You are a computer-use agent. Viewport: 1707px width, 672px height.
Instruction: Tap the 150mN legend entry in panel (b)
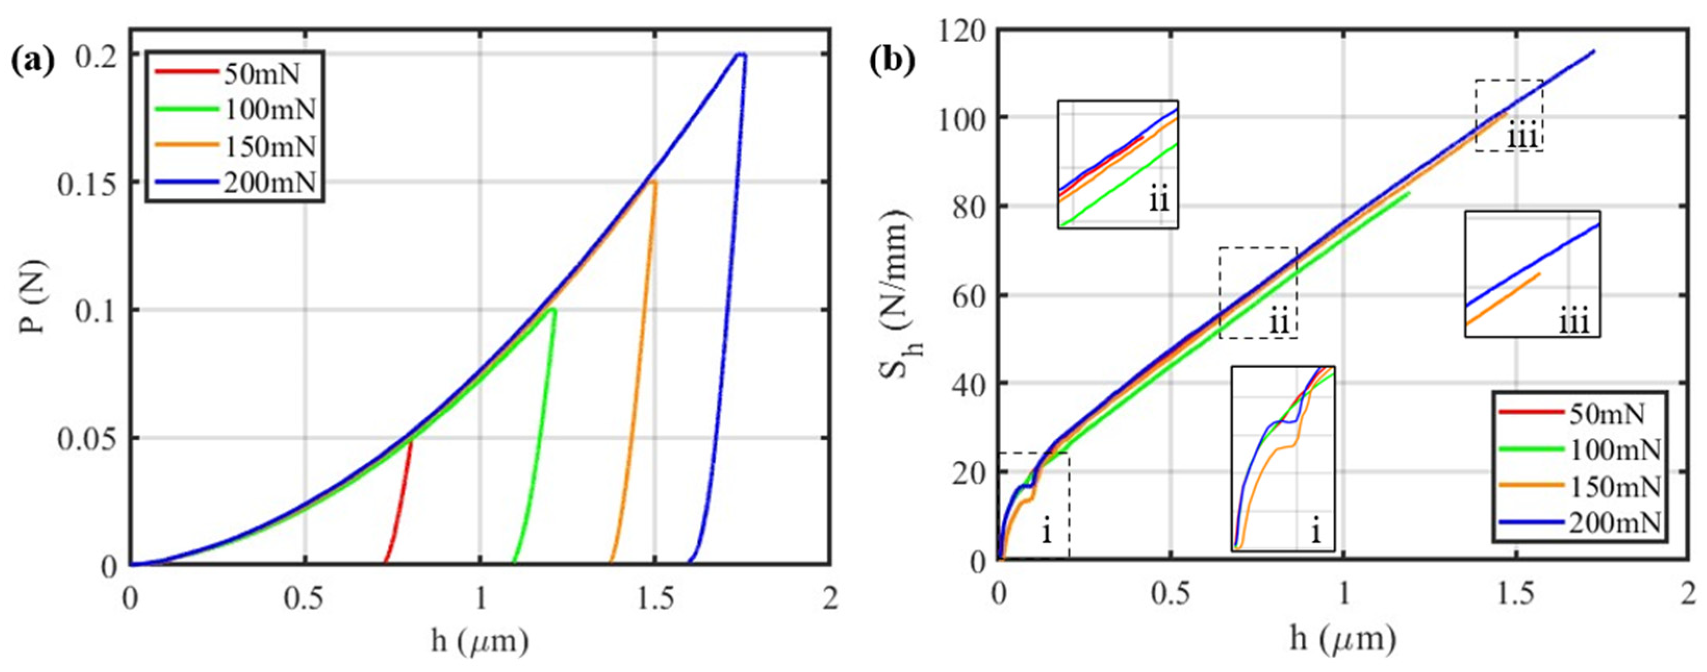1616,487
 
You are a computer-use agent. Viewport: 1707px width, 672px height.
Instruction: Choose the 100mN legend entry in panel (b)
1616,450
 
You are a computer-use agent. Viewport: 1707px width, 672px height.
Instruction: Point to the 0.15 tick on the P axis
88,182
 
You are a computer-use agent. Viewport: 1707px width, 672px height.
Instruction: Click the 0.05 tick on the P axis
88,438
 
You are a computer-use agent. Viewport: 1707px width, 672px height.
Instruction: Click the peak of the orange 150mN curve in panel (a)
653,182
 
